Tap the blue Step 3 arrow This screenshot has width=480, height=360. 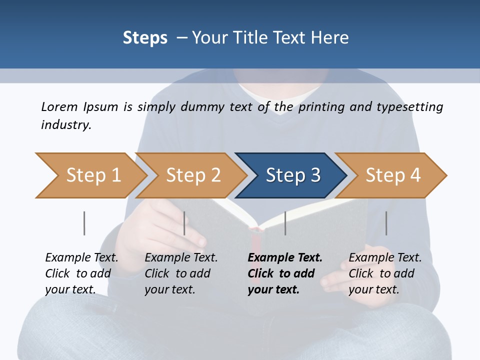click(x=292, y=175)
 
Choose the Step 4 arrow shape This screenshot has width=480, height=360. click(x=392, y=175)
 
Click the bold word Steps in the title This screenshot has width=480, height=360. click(x=145, y=38)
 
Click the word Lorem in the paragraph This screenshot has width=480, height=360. click(x=59, y=106)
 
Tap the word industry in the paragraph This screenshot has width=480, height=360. click(x=65, y=124)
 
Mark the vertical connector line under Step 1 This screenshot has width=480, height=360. click(x=84, y=223)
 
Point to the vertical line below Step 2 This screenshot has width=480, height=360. click(x=184, y=223)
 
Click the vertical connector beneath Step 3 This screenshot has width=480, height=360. click(x=285, y=223)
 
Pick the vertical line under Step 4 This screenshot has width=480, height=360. click(x=386, y=223)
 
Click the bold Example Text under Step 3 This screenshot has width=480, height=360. click(x=285, y=258)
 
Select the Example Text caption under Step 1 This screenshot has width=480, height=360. click(x=81, y=258)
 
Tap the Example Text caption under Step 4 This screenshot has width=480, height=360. click(x=385, y=258)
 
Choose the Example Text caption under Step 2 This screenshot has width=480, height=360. click(x=181, y=258)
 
